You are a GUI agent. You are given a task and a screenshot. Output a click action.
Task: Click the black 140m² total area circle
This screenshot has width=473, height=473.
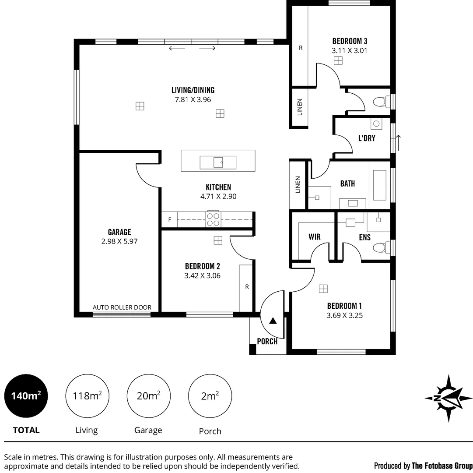[x=26, y=396]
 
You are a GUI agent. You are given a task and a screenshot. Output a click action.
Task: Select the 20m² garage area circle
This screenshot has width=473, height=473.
[x=148, y=396]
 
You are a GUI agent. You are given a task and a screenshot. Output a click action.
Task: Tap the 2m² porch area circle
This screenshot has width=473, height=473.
[x=210, y=396]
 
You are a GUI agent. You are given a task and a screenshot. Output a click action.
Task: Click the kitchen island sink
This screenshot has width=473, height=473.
[x=218, y=162]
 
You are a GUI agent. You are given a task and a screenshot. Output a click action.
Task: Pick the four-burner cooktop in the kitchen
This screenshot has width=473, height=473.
[x=213, y=219]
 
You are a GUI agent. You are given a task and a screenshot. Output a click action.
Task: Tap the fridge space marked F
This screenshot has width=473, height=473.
[x=169, y=219]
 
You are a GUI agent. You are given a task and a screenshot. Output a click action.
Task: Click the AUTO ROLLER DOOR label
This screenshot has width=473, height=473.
[x=122, y=307]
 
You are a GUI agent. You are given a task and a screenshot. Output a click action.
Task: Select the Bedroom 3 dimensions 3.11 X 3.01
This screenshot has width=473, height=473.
[x=349, y=50]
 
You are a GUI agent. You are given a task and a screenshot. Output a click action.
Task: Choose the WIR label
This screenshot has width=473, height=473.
[x=314, y=237]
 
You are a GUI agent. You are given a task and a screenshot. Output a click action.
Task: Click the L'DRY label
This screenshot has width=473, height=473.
[x=367, y=138]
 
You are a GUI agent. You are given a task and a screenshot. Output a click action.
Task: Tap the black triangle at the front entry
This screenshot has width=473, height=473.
[x=273, y=321]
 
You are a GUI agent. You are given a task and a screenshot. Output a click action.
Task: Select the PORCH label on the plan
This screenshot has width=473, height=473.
[x=267, y=341]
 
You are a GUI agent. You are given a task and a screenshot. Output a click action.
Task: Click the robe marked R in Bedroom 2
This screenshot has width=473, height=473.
[x=246, y=287]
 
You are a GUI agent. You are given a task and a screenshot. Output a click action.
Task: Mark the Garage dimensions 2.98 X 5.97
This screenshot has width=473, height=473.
[x=119, y=241]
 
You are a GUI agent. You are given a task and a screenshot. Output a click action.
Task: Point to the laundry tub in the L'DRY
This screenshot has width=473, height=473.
[x=376, y=124]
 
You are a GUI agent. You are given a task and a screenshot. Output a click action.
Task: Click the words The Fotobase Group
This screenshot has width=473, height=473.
[x=442, y=465]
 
